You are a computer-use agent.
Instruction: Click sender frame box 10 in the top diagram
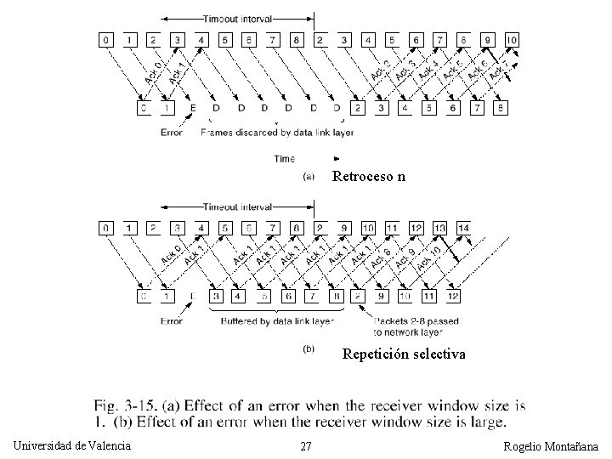tap(512, 40)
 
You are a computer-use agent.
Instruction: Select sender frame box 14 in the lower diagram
tap(463, 228)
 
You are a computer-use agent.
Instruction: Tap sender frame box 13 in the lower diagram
tap(439, 228)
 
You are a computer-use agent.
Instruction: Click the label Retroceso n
tap(369, 178)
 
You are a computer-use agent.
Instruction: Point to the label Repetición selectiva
tap(404, 354)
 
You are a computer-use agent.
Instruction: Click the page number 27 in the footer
tap(307, 447)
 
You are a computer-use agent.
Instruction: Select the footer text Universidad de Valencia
tap(73, 446)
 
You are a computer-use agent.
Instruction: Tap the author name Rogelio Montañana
tap(550, 447)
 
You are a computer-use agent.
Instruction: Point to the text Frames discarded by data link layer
tap(277, 133)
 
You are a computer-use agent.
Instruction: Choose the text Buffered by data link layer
tap(277, 321)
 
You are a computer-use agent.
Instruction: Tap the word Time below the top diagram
tap(285, 158)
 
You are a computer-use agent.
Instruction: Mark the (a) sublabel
tap(309, 177)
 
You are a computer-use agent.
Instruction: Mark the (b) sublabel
tap(309, 348)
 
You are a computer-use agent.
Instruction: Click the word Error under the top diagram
tap(172, 133)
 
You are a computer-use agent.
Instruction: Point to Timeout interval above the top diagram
tap(237, 18)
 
